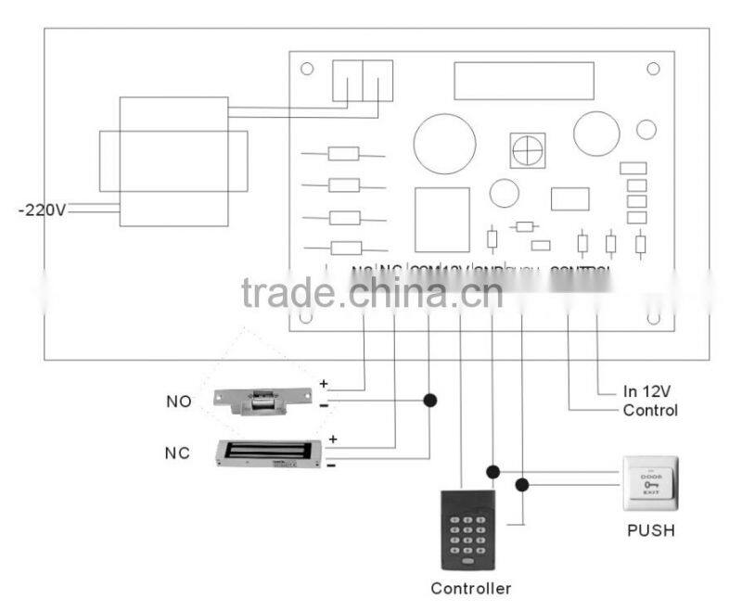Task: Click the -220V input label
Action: [43, 210]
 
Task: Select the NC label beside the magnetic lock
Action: [177, 453]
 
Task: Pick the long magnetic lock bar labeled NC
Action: [269, 453]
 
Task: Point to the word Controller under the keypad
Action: [470, 588]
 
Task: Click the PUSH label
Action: [650, 531]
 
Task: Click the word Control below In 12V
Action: [650, 410]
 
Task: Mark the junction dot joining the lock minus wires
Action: [429, 400]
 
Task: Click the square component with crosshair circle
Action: [527, 150]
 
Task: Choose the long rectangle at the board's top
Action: [523, 80]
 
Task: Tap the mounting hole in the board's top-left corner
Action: [307, 69]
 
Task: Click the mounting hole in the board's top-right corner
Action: [653, 69]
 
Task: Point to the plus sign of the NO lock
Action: [324, 382]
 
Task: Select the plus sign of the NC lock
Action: [331, 438]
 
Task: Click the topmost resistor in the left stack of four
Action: [344, 155]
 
